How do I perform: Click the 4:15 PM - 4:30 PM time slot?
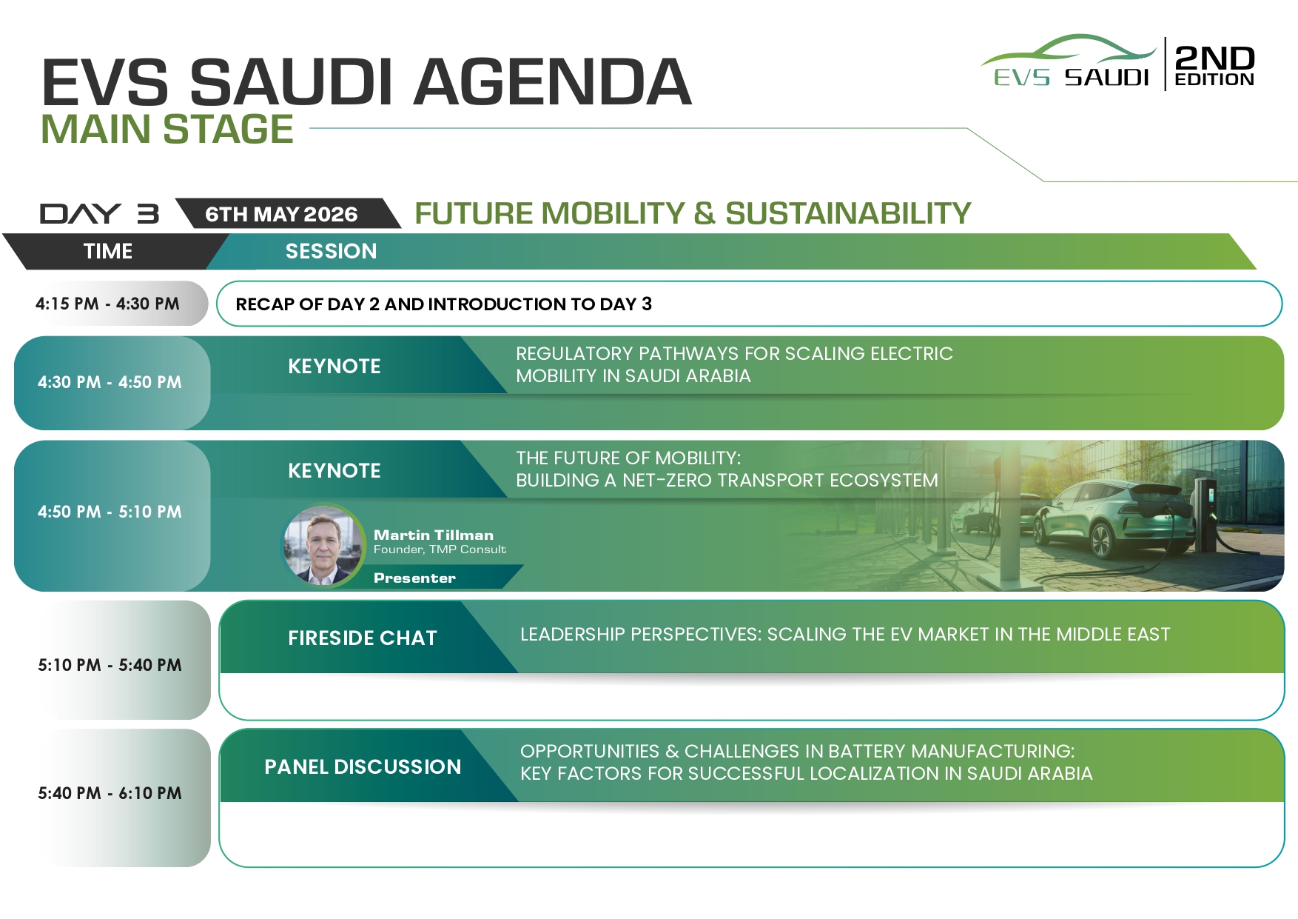(107, 304)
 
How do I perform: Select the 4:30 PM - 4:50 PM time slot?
(110, 382)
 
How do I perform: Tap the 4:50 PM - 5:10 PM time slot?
(110, 512)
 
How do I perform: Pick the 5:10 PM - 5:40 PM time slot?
(110, 665)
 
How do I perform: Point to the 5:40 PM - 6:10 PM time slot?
(110, 793)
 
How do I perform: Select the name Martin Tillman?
(433, 535)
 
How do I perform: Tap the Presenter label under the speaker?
(414, 578)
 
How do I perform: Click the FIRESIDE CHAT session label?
(363, 638)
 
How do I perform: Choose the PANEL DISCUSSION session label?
(363, 766)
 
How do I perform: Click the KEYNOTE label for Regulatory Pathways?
(334, 366)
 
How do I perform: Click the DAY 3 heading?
(99, 214)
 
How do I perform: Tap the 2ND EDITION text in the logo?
(1214, 65)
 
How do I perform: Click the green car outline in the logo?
(1069, 50)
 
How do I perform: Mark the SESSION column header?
(331, 251)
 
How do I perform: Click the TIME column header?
(108, 251)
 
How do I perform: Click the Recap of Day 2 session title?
(443, 304)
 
